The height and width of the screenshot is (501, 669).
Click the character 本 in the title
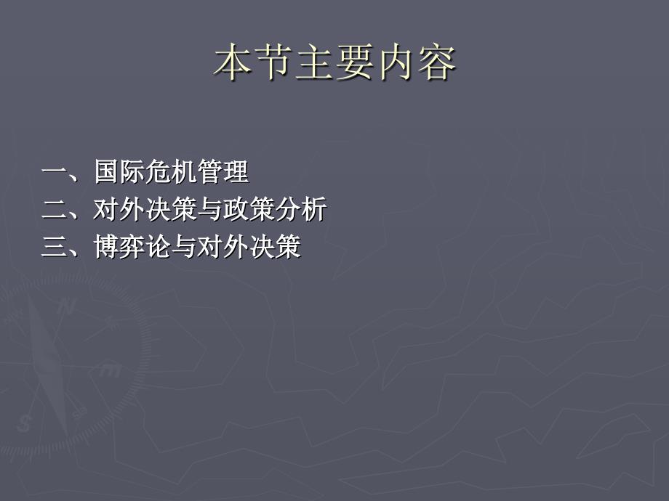(232, 62)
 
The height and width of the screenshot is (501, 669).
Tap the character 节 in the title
(273, 62)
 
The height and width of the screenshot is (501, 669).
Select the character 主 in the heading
(314, 62)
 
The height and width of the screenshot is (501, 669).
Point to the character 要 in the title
(355, 62)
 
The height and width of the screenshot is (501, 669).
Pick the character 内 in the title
(396, 62)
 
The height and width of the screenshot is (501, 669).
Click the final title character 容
(436, 62)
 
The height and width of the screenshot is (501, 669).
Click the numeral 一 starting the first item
(55, 171)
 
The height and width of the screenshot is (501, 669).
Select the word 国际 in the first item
(119, 171)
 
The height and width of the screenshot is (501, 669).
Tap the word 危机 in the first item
(172, 171)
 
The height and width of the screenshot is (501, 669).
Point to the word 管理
(223, 171)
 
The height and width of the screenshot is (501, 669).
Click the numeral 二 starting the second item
(55, 209)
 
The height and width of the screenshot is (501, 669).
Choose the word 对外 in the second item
(119, 209)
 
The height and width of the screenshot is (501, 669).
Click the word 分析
(302, 209)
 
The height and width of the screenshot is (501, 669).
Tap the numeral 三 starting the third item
(55, 247)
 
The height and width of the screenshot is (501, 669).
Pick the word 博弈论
(132, 247)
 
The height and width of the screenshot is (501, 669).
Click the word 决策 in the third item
(276, 247)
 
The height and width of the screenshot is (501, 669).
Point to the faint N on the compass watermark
(65, 306)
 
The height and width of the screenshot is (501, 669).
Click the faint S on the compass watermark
(24, 423)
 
